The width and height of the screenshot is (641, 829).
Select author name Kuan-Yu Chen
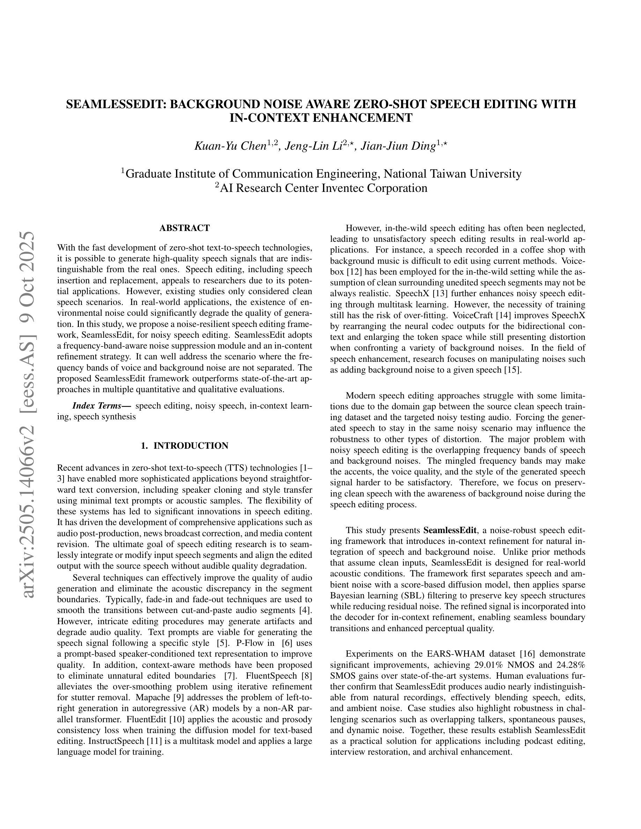tap(230, 146)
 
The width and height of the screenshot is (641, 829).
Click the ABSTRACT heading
tap(185, 228)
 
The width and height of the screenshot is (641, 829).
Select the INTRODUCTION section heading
tap(191, 446)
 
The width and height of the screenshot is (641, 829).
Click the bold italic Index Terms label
tap(101, 406)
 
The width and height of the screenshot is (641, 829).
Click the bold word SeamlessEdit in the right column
tap(450, 530)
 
